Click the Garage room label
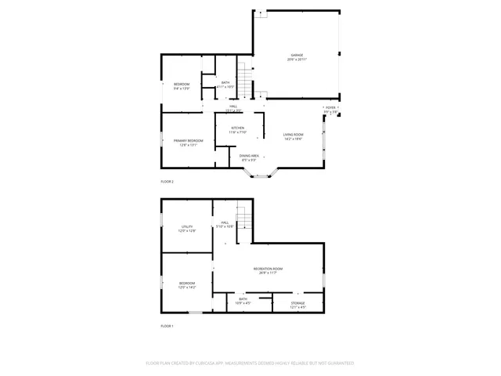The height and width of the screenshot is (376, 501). (297, 57)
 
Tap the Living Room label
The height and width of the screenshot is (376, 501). (293, 136)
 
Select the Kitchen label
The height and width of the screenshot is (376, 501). (237, 130)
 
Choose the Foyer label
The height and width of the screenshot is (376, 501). (330, 110)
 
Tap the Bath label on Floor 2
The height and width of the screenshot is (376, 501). (225, 85)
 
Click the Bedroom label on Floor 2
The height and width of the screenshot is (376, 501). (182, 86)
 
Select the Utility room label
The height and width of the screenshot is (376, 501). (187, 229)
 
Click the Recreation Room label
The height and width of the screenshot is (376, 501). (268, 270)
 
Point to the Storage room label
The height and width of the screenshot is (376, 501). (298, 305)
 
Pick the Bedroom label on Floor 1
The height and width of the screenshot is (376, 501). (187, 285)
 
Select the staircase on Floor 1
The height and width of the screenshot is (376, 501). (245, 215)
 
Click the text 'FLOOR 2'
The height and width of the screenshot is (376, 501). (167, 182)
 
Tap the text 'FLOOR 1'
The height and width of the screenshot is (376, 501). (167, 326)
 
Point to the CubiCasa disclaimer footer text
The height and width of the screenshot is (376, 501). (250, 363)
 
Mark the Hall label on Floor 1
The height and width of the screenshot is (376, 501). (225, 225)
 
